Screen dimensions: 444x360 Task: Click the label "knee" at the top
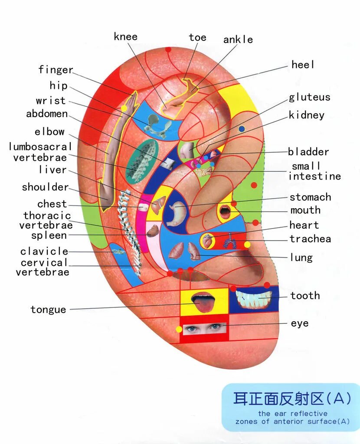coord(125,36)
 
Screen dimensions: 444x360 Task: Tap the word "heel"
coord(303,65)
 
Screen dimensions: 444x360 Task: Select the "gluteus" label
coord(309,97)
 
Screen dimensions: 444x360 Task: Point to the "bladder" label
coord(308,152)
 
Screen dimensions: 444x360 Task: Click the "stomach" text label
coord(310,197)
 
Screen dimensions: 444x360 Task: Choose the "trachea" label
coord(310,239)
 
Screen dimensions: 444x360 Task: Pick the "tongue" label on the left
coord(48,310)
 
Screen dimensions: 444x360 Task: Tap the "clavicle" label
coord(44,251)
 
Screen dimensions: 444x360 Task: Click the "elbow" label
coord(49,132)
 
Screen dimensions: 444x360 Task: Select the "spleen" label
coord(49,236)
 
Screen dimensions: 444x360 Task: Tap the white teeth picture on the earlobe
coord(253,299)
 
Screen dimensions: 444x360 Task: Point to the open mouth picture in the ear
coord(225,212)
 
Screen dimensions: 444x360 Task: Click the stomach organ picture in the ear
coord(177,212)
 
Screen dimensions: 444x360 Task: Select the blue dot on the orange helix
coord(242,129)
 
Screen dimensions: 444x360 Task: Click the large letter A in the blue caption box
coord(342,398)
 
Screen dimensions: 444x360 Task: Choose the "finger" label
coord(56,70)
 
